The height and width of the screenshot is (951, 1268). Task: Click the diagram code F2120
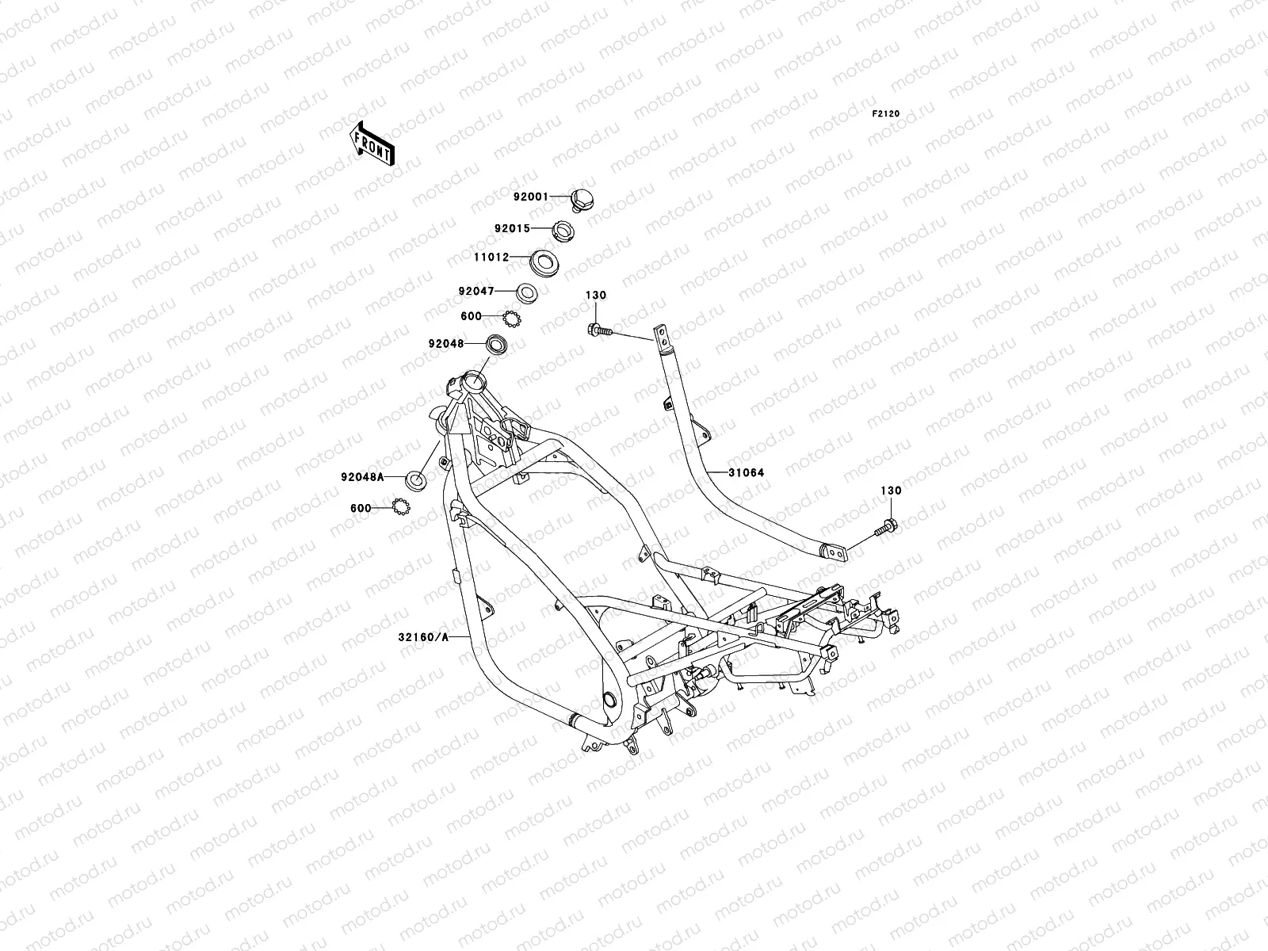coord(886,114)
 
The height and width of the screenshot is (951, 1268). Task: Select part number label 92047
coord(475,291)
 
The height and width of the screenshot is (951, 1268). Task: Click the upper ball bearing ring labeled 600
coord(511,319)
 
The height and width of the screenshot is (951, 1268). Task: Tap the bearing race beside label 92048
coord(498,345)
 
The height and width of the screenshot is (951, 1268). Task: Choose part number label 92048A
coord(362,476)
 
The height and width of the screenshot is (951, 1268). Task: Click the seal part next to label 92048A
coord(415,479)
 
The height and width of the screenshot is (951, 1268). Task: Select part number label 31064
coord(747,473)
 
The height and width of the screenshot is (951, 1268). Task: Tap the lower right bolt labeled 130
coord(887,525)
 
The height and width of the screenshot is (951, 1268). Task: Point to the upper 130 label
coord(596,296)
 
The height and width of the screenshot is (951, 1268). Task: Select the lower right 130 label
coord(891,491)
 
